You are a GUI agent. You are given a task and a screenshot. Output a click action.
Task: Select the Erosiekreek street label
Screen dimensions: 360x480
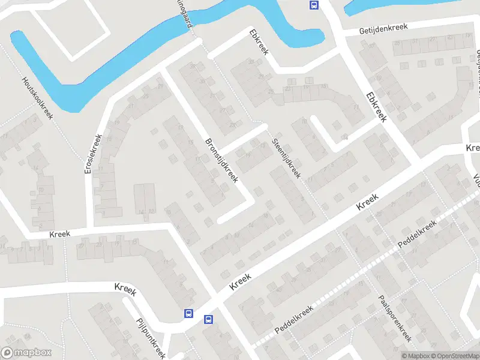tap(95, 154)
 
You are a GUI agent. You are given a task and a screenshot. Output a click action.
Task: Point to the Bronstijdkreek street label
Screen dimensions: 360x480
tap(222, 161)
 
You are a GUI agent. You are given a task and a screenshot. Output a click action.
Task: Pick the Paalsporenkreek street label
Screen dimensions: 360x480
tap(394, 319)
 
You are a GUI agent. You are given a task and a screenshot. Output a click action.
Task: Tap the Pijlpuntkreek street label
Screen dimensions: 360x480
tap(151, 338)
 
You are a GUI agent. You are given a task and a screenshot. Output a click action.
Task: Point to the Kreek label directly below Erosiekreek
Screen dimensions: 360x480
tap(60, 233)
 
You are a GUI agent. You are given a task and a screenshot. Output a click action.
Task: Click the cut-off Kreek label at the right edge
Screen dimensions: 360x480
tap(473, 147)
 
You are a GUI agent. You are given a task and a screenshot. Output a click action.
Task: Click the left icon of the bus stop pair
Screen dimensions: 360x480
tap(188, 313)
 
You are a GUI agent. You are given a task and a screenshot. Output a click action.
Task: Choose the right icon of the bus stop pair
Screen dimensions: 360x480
tap(209, 319)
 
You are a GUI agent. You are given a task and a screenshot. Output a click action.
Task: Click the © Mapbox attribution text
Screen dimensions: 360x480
tap(416, 356)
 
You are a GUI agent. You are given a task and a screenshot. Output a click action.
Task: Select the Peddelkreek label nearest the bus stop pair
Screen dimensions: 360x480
tap(295, 320)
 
